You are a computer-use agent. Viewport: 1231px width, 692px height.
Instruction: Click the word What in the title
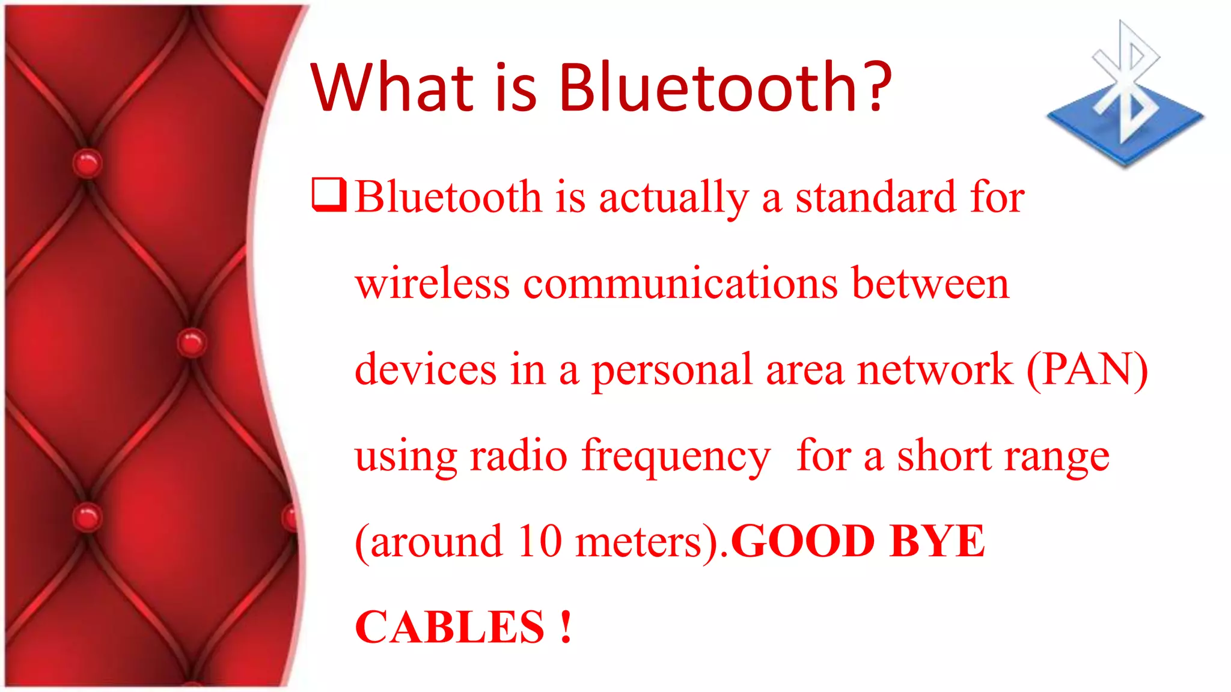click(x=392, y=88)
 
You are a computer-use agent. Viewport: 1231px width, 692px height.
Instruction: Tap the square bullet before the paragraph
click(x=329, y=195)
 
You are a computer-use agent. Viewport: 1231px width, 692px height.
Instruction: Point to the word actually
click(x=674, y=198)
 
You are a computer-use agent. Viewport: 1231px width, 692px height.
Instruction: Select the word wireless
click(x=432, y=284)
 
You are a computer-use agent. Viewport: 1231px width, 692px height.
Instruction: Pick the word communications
click(x=680, y=284)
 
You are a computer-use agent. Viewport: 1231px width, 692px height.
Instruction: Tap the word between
click(x=930, y=284)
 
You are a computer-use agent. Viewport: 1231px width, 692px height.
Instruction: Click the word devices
click(x=426, y=369)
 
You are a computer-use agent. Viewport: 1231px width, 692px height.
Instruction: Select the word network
click(x=935, y=369)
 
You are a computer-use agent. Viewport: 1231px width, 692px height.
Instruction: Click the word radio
click(x=518, y=456)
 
